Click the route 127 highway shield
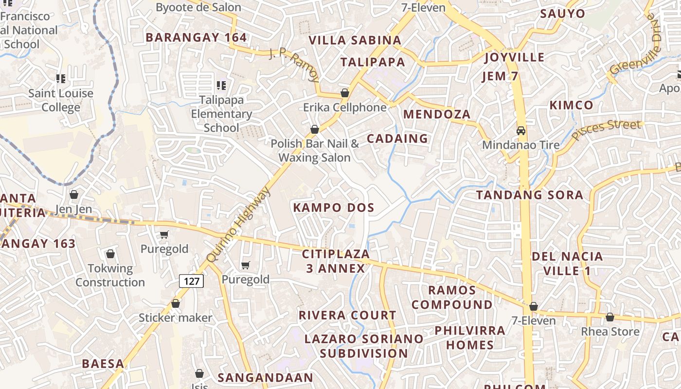191,281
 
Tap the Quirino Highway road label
238,225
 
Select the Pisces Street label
606,129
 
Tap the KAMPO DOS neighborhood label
334,208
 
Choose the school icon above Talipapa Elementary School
221,86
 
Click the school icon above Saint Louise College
61,78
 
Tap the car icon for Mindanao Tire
521,130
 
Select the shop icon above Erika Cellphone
345,92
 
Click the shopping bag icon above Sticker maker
176,303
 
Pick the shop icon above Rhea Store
609,317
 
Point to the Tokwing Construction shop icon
110,254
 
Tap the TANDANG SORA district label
529,195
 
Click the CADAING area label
397,139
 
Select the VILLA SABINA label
355,40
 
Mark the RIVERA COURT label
347,315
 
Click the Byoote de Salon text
198,7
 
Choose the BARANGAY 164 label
196,37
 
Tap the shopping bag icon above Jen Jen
74,194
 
